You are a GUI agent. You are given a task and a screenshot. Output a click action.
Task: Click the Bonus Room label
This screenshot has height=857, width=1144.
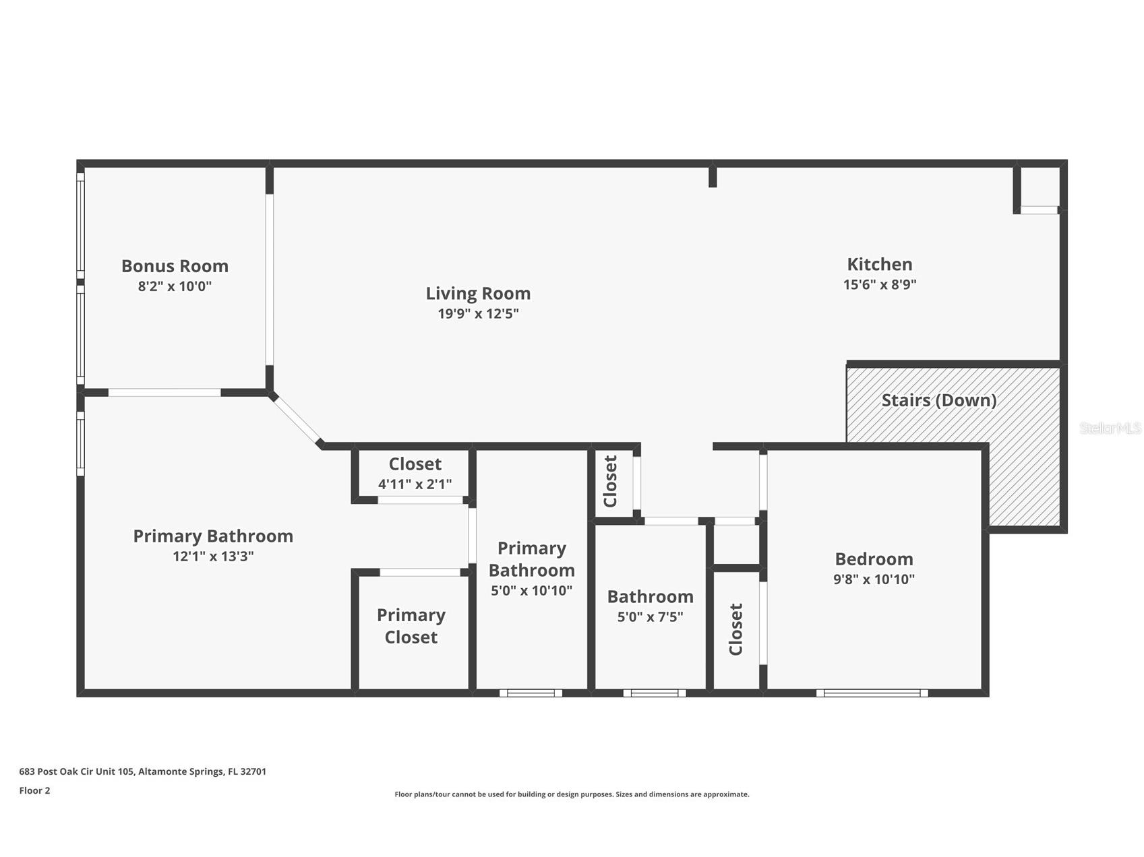175,266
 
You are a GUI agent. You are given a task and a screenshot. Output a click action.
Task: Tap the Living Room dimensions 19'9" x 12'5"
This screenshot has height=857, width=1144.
478,313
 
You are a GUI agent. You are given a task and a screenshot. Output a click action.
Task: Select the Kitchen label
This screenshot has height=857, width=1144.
880,264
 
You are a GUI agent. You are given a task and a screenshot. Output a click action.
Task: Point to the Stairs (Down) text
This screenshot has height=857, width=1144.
939,400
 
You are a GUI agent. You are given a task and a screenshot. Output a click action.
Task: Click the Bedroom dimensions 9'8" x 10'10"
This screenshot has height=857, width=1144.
874,579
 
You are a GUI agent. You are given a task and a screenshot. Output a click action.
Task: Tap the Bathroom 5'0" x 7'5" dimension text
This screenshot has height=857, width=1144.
650,616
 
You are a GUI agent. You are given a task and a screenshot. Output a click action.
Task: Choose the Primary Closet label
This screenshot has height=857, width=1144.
411,626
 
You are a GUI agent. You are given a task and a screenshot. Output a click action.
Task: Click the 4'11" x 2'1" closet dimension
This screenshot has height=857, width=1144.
415,484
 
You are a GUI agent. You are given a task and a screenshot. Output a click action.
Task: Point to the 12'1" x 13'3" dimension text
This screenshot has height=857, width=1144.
213,556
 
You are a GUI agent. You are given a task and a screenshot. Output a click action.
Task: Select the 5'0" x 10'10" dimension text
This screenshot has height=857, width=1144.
531,591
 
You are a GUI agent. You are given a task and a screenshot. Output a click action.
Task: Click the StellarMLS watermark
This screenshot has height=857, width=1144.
1110,428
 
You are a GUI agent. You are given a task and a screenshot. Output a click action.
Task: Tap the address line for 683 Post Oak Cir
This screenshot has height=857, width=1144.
143,771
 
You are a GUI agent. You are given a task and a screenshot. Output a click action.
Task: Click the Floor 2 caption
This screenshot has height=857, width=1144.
34,791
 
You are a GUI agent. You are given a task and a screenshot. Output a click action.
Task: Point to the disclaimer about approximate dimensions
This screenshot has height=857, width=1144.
572,794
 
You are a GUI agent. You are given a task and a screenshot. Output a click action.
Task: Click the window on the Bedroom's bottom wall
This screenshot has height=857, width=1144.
872,693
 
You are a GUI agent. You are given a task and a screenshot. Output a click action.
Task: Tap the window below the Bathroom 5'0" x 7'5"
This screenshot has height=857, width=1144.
654,693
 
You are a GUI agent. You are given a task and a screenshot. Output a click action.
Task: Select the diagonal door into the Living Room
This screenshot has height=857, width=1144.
296,418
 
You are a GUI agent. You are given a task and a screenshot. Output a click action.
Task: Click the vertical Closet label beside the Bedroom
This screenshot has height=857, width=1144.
735,629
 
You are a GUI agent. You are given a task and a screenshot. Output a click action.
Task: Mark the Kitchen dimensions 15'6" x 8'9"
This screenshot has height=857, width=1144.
880,284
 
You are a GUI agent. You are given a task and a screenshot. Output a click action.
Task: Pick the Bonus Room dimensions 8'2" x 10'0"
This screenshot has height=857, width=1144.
175,286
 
